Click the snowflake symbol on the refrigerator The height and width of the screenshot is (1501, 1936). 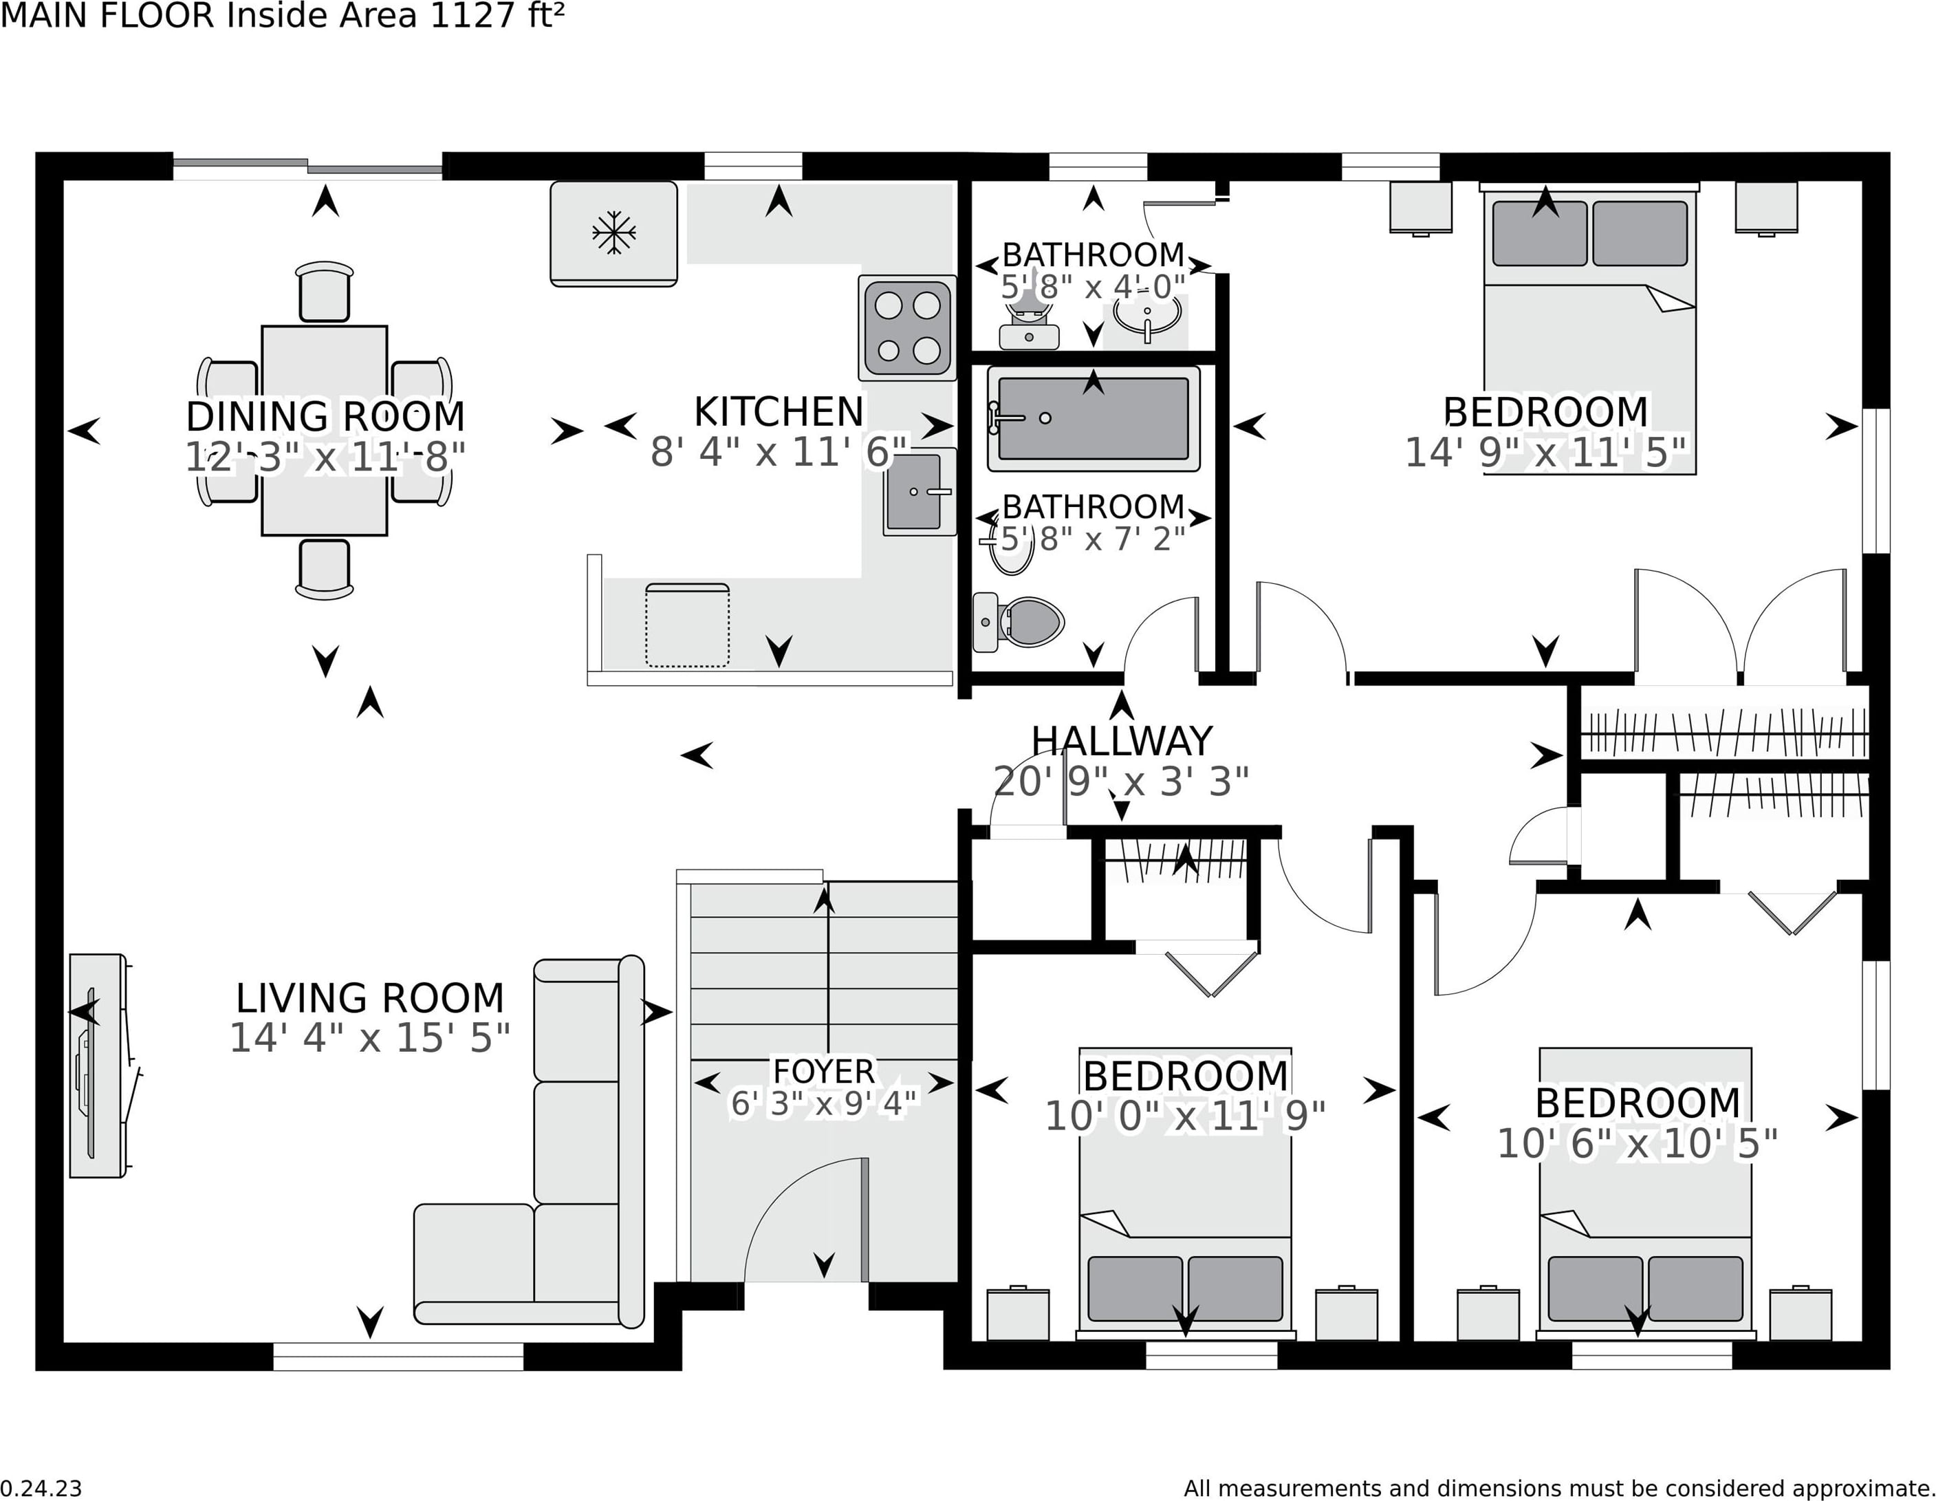[x=613, y=233]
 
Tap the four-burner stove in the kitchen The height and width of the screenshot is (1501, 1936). [x=907, y=328]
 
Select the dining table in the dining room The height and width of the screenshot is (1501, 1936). [x=325, y=431]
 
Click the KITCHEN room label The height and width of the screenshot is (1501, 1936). [x=779, y=411]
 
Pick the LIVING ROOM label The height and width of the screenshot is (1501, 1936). [x=369, y=998]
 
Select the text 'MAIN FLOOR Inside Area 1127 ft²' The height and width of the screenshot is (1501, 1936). [x=282, y=16]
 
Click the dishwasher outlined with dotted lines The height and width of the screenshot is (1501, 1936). [x=687, y=625]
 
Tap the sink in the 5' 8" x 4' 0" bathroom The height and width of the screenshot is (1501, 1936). [x=1147, y=315]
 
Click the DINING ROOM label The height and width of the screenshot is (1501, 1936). [x=325, y=415]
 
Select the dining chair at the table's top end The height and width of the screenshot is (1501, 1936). [x=325, y=292]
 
